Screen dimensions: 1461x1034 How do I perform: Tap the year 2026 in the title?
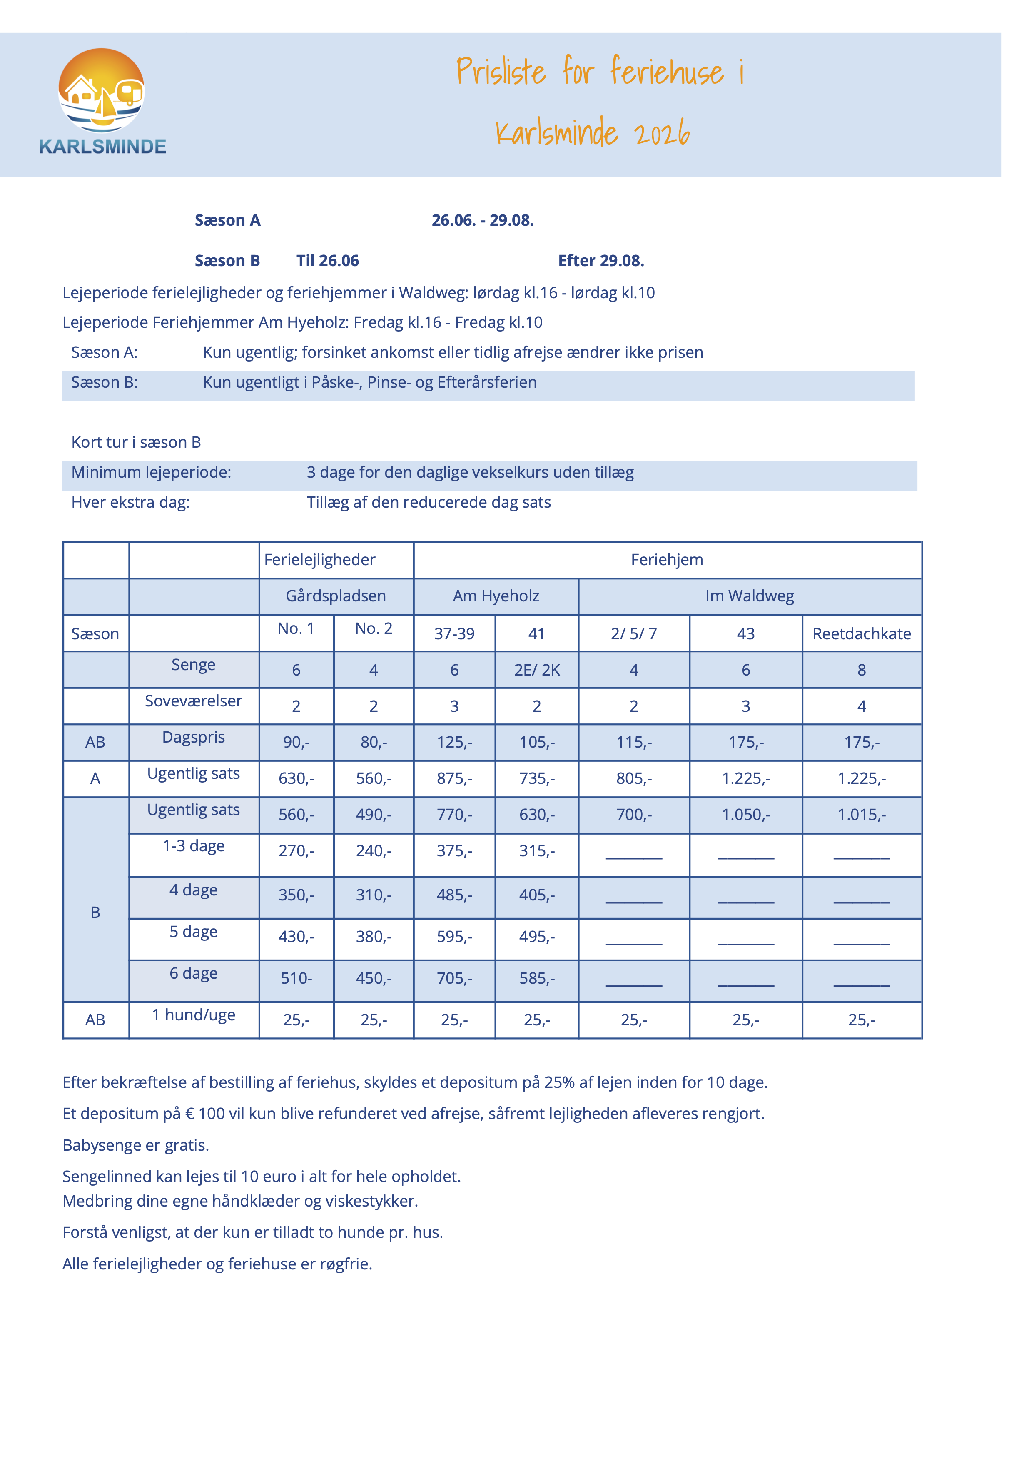[662, 133]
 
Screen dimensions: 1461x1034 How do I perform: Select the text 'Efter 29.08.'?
[600, 260]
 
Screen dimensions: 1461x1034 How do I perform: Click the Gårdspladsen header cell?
[336, 596]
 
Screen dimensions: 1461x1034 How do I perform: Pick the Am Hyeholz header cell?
[496, 596]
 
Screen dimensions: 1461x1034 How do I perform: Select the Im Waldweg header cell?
[750, 596]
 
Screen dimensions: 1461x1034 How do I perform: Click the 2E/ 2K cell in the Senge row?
[537, 670]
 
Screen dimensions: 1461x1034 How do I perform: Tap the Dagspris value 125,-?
[454, 742]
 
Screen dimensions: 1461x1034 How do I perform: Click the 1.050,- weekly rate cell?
[745, 815]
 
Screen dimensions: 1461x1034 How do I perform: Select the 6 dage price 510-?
[296, 978]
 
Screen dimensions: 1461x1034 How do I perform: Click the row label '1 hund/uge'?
[194, 1015]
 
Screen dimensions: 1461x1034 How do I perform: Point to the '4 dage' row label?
[194, 890]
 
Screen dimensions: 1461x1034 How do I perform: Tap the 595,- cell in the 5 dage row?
[454, 936]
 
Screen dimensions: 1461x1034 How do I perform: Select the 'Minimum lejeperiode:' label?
[151, 472]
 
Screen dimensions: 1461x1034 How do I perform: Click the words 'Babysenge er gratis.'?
[136, 1145]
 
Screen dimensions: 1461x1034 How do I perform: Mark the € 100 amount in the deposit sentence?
[205, 1113]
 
